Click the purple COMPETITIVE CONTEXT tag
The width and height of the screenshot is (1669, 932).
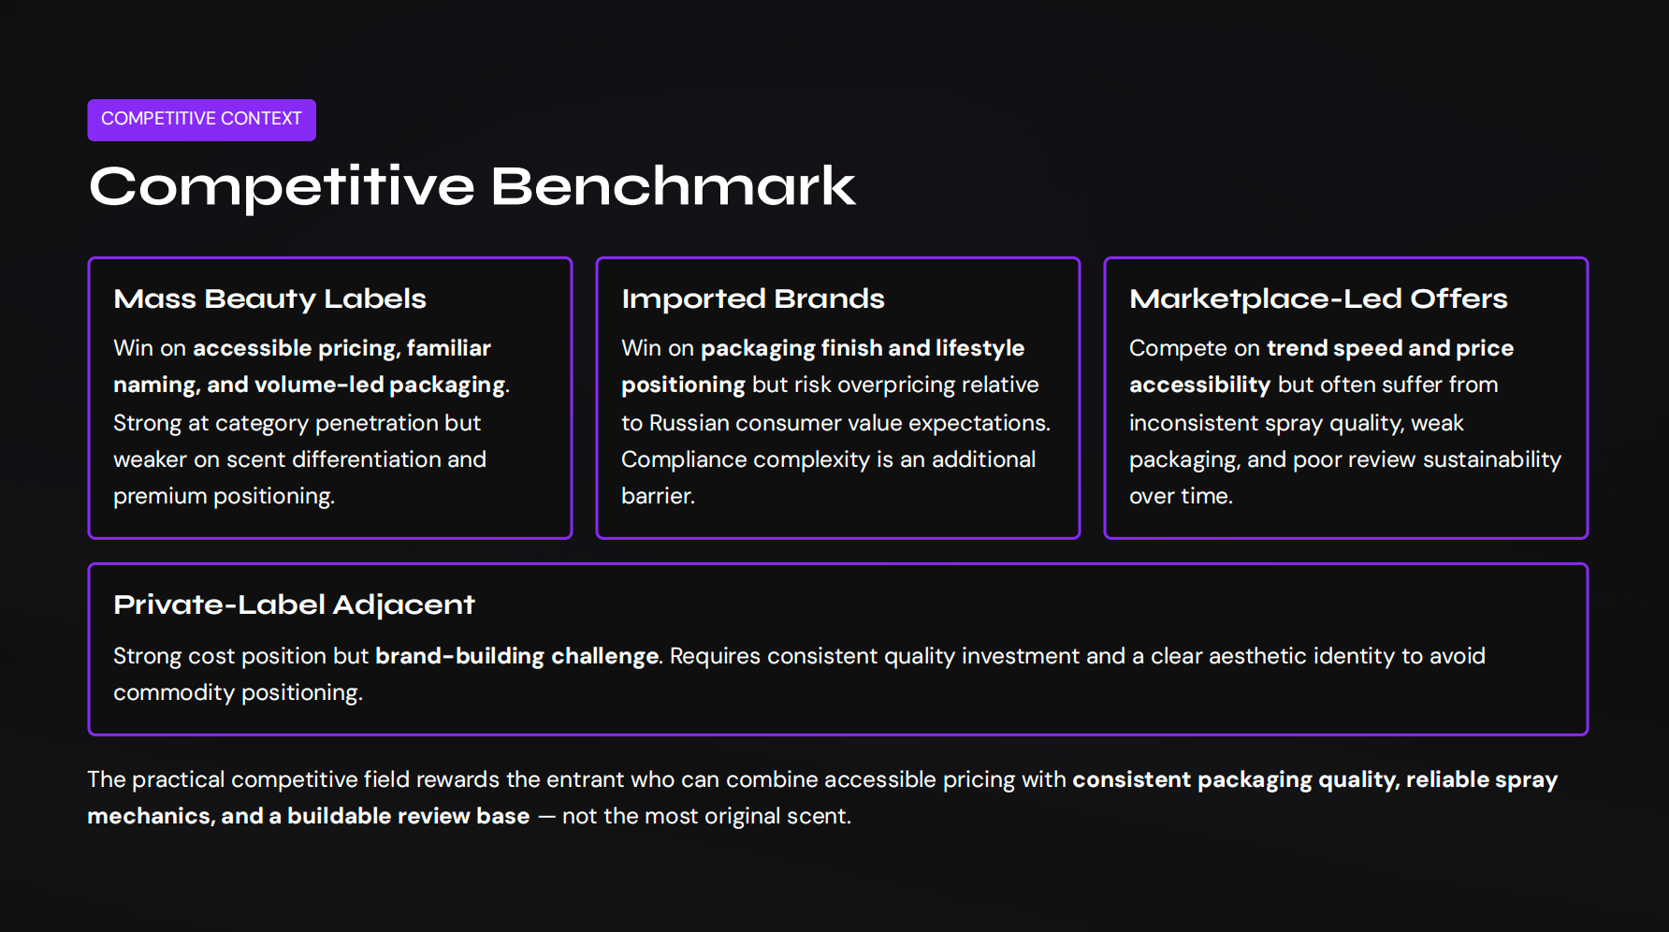coord(201,120)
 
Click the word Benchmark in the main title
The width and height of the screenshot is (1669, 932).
coord(673,186)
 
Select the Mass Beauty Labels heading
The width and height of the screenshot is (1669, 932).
coord(269,299)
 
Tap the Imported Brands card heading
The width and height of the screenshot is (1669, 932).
coord(752,299)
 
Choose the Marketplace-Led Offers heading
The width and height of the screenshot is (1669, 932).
coord(1318,299)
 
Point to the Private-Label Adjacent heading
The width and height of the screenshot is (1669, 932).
coord(294,604)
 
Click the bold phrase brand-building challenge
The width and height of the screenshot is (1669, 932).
coord(516,656)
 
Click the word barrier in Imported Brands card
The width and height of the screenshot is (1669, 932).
coord(656,496)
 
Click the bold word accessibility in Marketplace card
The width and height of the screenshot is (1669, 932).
coord(1199,385)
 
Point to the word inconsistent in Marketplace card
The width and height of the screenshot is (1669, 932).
coord(1193,423)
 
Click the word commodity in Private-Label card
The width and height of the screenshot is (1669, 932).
coord(173,692)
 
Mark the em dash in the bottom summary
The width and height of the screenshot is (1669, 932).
coord(546,816)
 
